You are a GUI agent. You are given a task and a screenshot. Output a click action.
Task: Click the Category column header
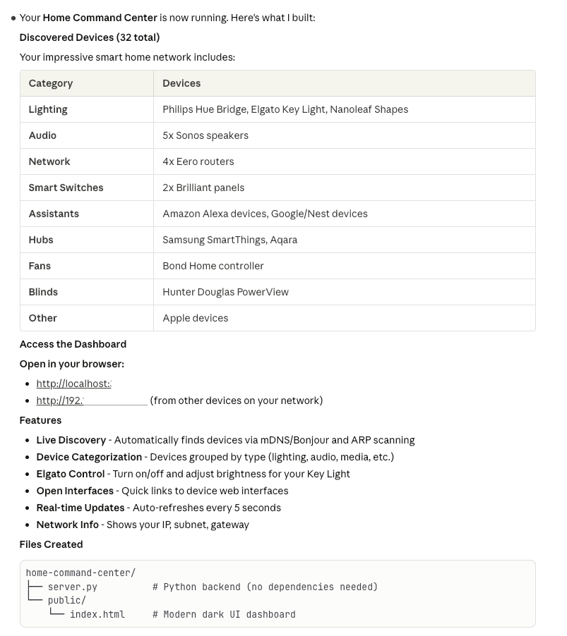(x=51, y=83)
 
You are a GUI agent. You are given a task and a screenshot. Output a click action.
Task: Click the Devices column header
(x=181, y=83)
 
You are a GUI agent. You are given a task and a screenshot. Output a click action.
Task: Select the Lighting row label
(x=48, y=109)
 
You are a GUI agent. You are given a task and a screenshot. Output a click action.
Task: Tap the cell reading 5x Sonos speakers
(x=205, y=135)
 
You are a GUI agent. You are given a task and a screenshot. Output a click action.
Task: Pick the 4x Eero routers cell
(x=198, y=161)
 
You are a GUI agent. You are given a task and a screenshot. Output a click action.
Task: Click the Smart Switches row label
(x=66, y=188)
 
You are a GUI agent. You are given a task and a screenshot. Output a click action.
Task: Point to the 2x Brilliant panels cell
(x=203, y=188)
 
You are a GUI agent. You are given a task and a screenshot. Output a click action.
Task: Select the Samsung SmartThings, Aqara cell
(x=229, y=240)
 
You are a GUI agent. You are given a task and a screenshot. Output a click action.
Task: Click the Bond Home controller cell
(x=213, y=266)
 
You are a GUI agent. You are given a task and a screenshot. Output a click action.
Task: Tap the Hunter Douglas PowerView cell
(x=225, y=292)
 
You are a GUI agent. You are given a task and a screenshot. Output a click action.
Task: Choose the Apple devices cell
(x=196, y=318)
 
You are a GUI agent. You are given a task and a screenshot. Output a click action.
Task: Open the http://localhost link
(x=74, y=384)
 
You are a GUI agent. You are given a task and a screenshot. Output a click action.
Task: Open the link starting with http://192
(x=92, y=400)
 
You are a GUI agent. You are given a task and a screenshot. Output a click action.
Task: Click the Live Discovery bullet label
(x=71, y=440)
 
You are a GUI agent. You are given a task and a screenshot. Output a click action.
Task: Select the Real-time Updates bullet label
(x=80, y=508)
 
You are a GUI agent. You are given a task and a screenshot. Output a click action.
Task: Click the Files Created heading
(x=51, y=544)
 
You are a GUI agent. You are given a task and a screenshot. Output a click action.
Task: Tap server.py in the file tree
(x=73, y=587)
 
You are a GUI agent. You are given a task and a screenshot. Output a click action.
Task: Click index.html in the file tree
(x=97, y=614)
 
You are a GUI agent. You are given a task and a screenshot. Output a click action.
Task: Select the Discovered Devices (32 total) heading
(x=90, y=37)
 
